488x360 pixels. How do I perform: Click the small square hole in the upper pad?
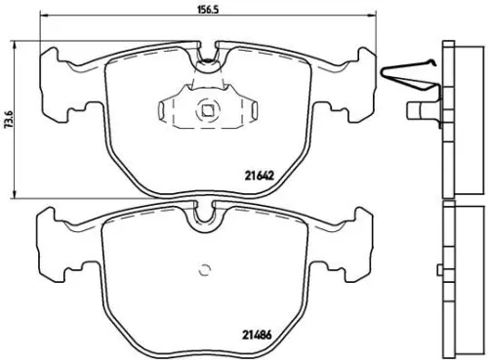coord(206,111)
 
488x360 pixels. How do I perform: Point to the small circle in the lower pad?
coord(206,271)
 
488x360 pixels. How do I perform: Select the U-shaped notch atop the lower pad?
coord(206,212)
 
